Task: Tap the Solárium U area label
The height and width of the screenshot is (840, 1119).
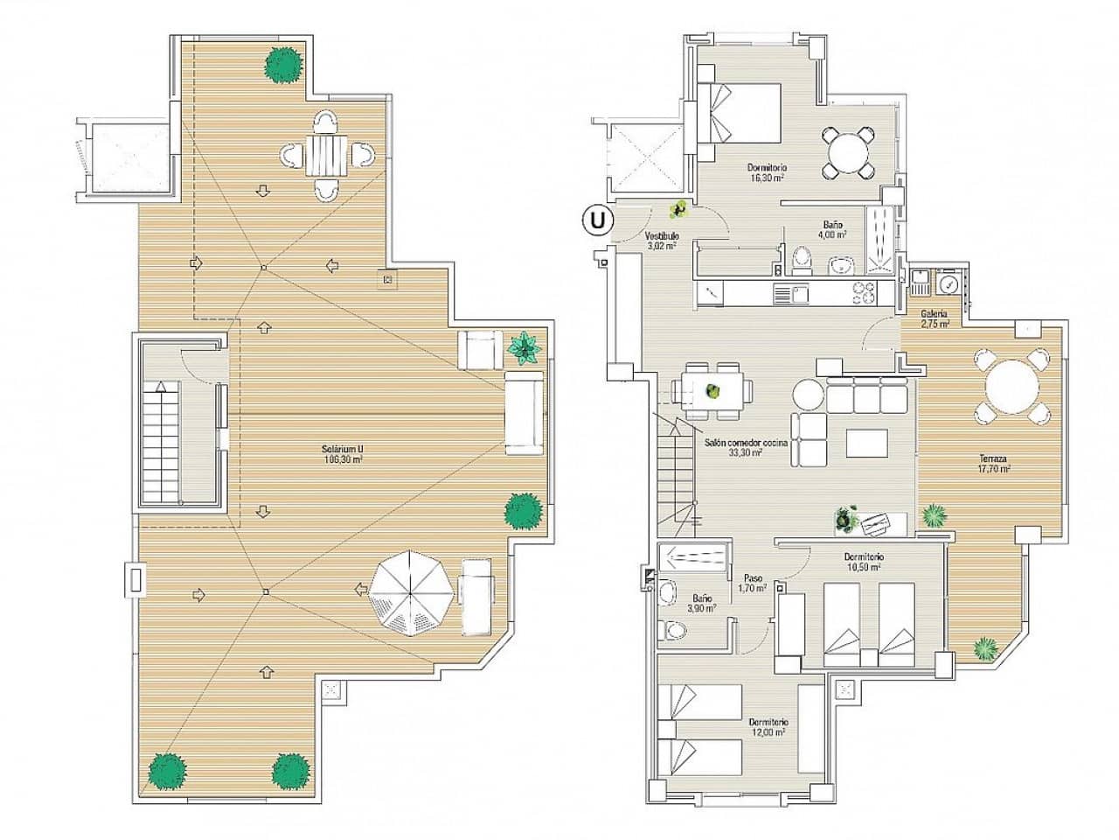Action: coord(341,454)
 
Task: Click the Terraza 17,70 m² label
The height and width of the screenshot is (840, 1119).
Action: coord(993,463)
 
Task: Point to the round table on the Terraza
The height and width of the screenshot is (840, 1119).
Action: coord(1011,386)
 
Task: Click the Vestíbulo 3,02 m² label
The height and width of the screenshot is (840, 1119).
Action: coord(661,241)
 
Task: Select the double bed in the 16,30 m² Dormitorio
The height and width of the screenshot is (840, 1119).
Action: coord(740,112)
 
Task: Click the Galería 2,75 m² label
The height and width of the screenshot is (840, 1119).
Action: coord(935,318)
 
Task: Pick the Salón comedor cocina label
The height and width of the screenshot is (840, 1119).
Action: coord(746,448)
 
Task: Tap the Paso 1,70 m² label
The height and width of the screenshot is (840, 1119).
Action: coord(753,583)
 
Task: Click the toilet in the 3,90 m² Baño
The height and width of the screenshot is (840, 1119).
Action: coord(674,628)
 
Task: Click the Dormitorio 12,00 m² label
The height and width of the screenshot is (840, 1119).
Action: coord(768,727)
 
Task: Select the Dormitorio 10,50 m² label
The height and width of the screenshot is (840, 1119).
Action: coord(863,561)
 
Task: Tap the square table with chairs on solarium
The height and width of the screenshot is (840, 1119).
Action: coord(328,155)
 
